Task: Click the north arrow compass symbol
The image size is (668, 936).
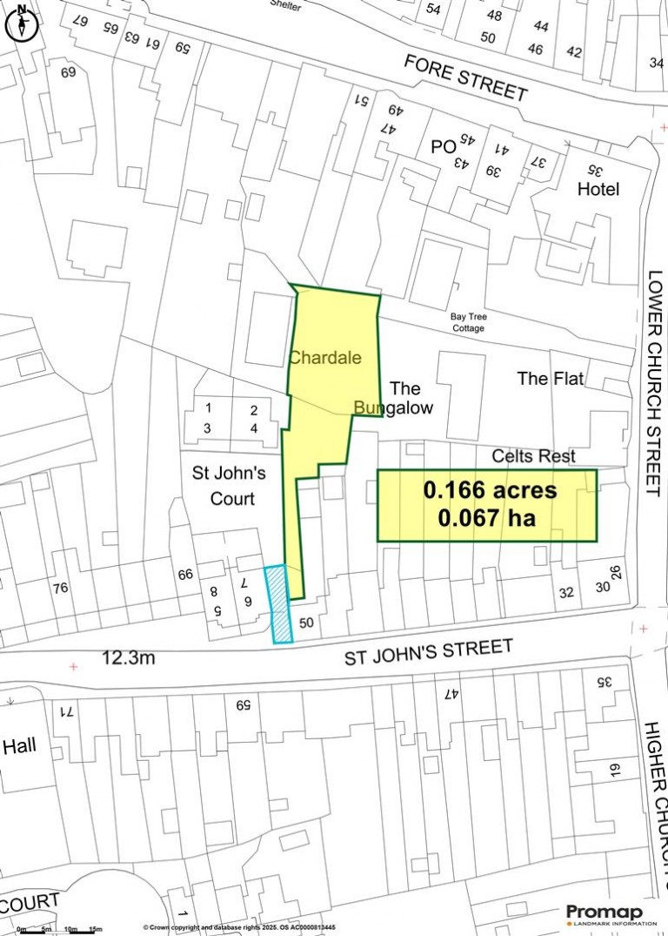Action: (x=20, y=24)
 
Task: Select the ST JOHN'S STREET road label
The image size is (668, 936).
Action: (x=429, y=650)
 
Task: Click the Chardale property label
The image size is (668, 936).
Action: (x=324, y=358)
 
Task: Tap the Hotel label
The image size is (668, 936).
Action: (x=598, y=189)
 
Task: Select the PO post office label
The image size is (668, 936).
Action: (x=443, y=148)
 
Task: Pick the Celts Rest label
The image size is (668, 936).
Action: (x=534, y=456)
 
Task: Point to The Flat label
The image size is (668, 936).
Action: (x=550, y=379)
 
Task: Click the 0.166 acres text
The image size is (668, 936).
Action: (x=490, y=491)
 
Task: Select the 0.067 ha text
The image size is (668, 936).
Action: (x=486, y=519)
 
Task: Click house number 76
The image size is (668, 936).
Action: (x=59, y=589)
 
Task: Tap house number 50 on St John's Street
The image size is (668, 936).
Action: (x=305, y=623)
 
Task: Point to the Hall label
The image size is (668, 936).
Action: (x=20, y=746)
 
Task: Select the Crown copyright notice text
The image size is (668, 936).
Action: (x=239, y=928)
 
